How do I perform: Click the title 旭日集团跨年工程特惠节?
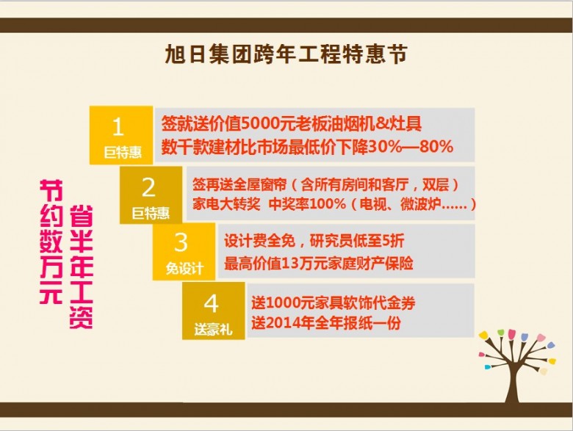tap(286, 55)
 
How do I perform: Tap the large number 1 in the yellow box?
tap(118, 127)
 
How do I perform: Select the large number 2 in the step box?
tap(148, 187)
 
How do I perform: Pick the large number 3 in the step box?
tap(181, 242)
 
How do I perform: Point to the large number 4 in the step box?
tap(212, 303)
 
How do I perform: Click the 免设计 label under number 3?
tap(184, 269)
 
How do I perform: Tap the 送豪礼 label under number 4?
tap(214, 330)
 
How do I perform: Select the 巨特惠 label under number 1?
tap(123, 152)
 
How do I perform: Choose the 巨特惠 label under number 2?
tap(151, 214)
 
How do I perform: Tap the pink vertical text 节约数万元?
tap(51, 242)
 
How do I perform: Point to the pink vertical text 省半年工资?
tap(81, 267)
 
